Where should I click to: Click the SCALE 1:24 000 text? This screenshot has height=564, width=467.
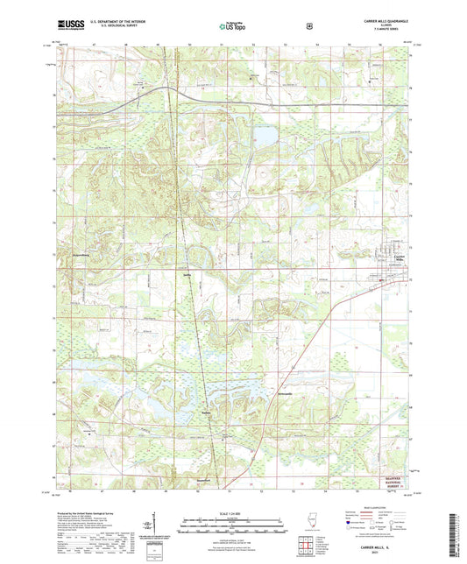(x=233, y=511)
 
